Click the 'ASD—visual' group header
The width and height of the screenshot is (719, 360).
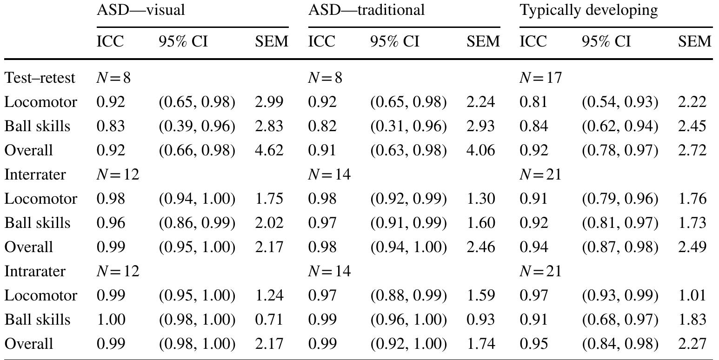(140, 10)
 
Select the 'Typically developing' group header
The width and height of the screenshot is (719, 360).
(588, 10)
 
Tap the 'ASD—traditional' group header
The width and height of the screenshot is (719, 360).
(366, 10)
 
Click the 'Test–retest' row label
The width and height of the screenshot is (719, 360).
(40, 78)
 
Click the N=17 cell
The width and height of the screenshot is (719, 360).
(540, 78)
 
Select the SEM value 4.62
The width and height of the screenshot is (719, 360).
(269, 151)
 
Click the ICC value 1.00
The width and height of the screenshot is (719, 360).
(111, 320)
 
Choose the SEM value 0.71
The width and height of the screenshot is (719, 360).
(269, 320)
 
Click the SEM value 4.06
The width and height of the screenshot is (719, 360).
(480, 151)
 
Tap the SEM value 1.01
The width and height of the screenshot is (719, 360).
(692, 296)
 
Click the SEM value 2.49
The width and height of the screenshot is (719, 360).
(692, 247)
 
